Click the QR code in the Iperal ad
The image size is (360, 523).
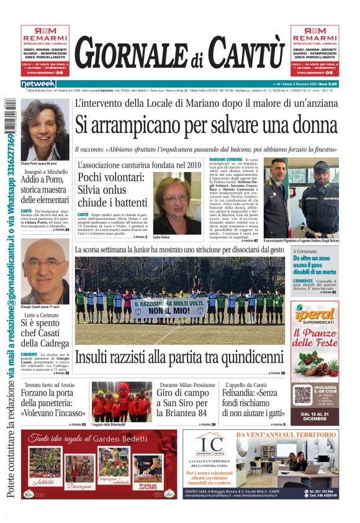click(302, 394)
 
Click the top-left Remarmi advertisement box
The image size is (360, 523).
click(45, 50)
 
